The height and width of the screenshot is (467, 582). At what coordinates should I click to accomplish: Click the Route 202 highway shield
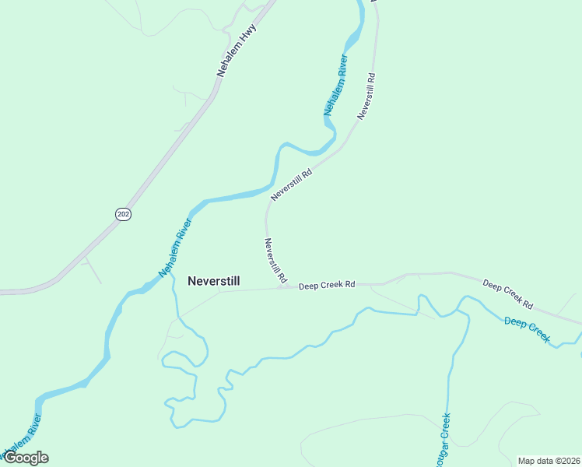pos(123,214)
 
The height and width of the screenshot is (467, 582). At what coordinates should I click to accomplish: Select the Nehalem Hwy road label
pos(237,51)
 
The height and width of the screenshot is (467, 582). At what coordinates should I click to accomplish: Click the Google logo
pos(26,458)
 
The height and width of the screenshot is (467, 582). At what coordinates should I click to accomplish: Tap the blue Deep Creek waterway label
pos(527,330)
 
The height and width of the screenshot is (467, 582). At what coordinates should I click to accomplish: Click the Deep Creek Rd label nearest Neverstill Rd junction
pos(328,286)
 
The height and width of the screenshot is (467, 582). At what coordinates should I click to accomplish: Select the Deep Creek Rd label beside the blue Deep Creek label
pos(507,293)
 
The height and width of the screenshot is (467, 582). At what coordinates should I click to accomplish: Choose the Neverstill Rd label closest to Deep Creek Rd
pos(275,260)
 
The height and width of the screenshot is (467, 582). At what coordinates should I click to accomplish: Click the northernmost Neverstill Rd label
pos(367,96)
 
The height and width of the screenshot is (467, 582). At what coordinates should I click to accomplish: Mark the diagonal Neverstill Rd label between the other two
pos(291,185)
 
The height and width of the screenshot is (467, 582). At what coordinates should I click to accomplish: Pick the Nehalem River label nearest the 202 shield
pos(175,248)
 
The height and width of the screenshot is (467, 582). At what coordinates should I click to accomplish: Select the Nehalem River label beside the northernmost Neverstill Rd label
pos(335,86)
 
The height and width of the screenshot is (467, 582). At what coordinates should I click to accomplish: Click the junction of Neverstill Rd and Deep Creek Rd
pos(281,287)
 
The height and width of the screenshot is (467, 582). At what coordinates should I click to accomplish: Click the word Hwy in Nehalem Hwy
pos(248,34)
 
